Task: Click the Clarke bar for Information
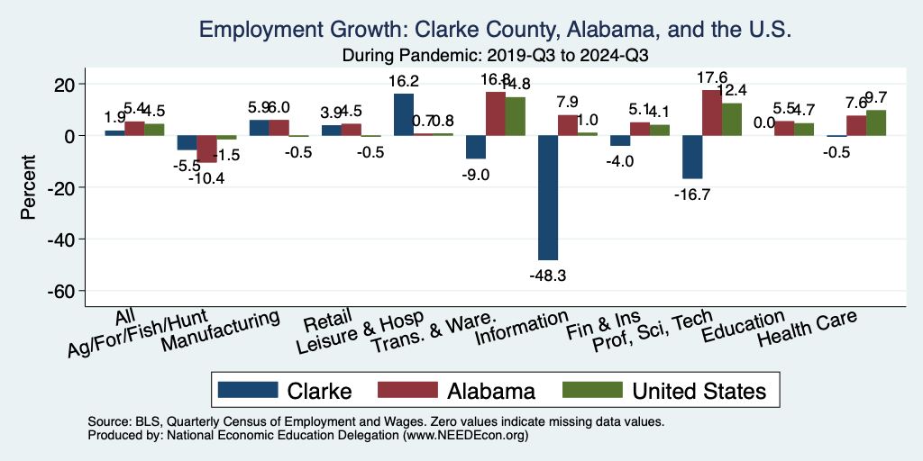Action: coord(548,197)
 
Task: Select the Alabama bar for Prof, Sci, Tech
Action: coord(712,113)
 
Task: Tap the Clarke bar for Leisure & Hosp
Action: coord(404,114)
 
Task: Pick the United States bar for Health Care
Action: coord(876,122)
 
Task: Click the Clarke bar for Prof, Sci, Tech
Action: coord(692,157)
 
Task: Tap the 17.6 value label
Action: coord(712,77)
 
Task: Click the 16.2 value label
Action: coord(404,79)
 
